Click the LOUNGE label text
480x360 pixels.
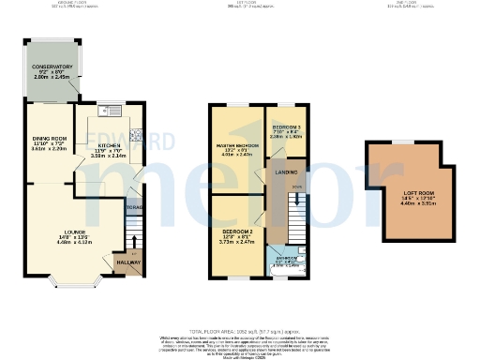coord(75,232)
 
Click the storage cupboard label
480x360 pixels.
coord(135,206)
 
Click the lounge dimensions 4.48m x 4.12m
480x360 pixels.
coord(75,243)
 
